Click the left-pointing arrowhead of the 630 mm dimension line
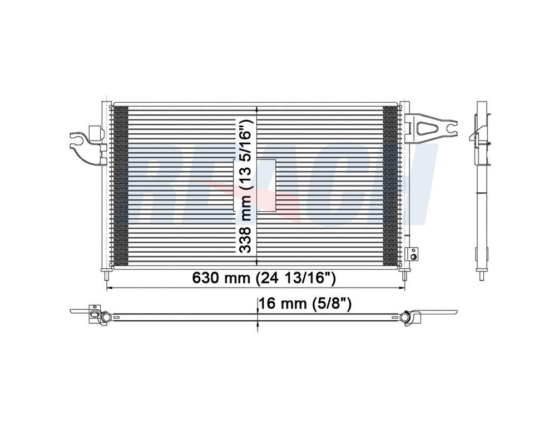(x=109, y=288)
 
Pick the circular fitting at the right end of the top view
(x=404, y=317)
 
